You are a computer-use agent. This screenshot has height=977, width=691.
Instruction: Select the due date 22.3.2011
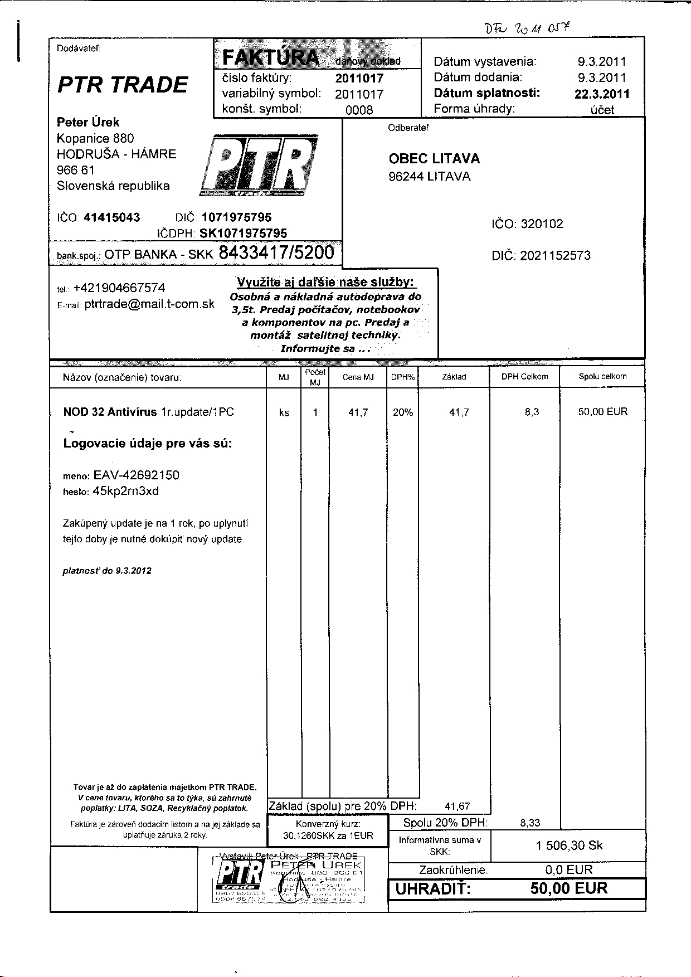602,94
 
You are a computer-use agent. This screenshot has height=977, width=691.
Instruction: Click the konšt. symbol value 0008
359,110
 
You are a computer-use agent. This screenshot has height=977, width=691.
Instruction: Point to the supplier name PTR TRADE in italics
123,85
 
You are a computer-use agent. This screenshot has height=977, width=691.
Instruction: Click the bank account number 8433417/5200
277,253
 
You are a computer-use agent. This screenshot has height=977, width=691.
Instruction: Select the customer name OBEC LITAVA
434,159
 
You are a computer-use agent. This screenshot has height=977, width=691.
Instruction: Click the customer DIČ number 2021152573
555,256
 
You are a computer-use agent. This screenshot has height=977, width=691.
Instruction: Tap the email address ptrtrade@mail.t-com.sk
149,304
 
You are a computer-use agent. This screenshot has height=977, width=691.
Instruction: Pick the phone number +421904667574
119,288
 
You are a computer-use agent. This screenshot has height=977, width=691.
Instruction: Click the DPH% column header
402,377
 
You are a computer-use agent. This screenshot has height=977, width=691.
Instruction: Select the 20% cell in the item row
402,412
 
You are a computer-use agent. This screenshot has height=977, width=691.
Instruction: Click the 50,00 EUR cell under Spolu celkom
602,412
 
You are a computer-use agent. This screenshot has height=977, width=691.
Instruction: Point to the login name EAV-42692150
136,475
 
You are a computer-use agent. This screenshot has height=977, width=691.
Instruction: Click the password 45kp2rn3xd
126,491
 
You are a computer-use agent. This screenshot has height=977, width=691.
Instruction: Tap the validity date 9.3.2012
134,571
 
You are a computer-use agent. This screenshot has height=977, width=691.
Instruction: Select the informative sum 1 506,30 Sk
569,845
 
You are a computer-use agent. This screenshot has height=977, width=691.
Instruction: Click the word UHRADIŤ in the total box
432,889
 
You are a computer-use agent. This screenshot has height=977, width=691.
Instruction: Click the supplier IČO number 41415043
112,217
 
